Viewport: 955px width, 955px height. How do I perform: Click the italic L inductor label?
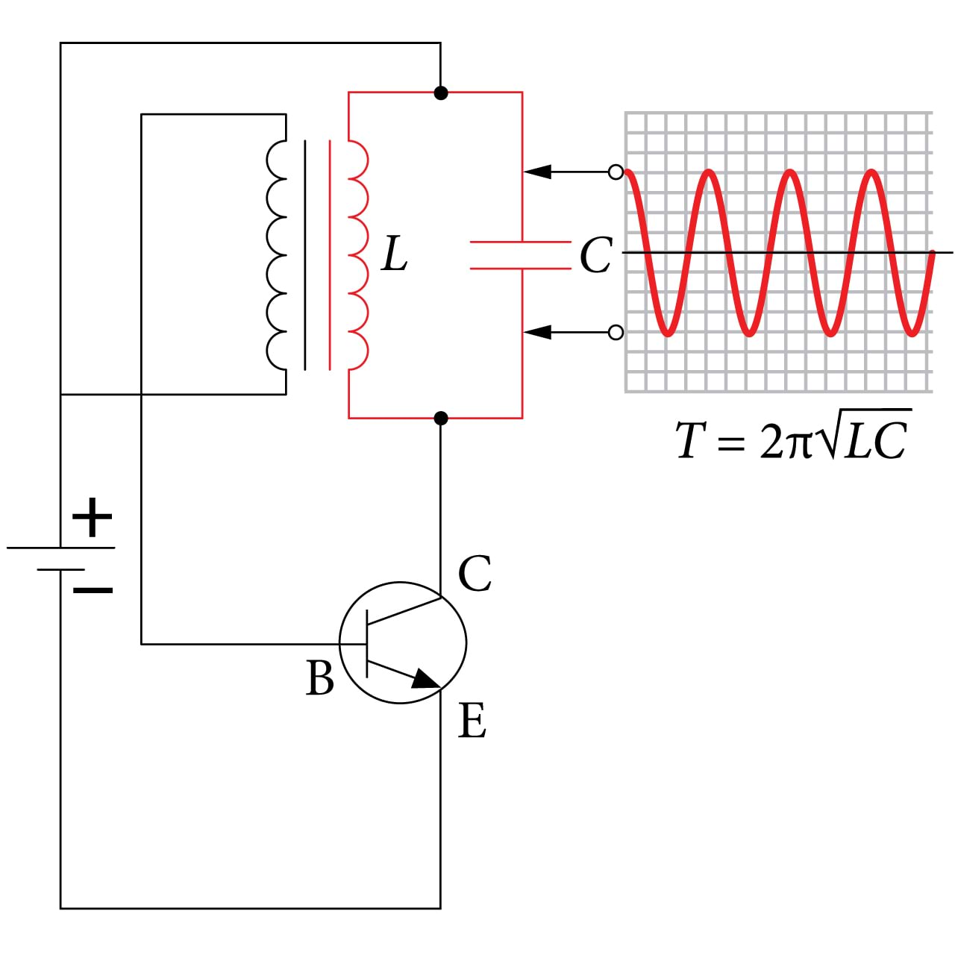pyautogui.click(x=394, y=254)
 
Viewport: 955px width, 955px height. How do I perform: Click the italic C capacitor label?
pyautogui.click(x=595, y=256)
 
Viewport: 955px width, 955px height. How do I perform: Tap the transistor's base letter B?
pyautogui.click(x=320, y=679)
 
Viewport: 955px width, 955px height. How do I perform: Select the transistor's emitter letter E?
pyautogui.click(x=472, y=721)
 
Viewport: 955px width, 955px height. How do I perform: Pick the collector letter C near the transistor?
pyautogui.click(x=475, y=574)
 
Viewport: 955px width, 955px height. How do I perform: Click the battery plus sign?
pyautogui.click(x=92, y=517)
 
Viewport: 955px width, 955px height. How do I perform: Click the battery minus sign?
pyautogui.click(x=93, y=590)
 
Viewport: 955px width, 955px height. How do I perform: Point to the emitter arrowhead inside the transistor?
pyautogui.click(x=425, y=679)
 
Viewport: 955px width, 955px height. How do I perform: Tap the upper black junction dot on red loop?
pyautogui.click(x=441, y=93)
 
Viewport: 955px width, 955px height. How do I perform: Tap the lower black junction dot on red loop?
pyautogui.click(x=441, y=418)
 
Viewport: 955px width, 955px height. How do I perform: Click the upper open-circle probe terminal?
pyautogui.click(x=616, y=172)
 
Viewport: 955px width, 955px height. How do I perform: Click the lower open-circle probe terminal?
pyautogui.click(x=616, y=332)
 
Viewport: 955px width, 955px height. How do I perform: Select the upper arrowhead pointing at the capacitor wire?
pyautogui.click(x=537, y=172)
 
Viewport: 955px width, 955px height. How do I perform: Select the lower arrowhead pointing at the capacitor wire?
pyautogui.click(x=537, y=332)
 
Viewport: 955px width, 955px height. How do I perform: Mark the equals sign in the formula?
pyautogui.click(x=731, y=442)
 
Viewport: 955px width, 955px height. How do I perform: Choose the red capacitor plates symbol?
pyautogui.click(x=521, y=256)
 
